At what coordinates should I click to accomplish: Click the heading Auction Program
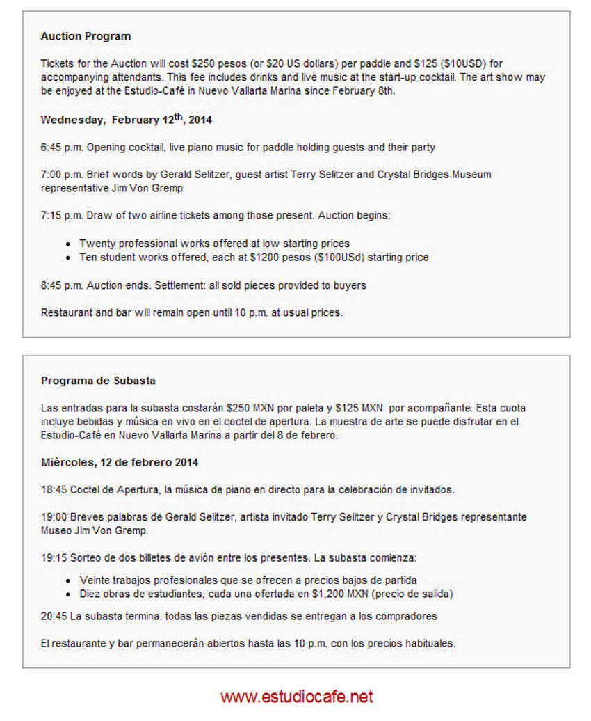click(x=86, y=36)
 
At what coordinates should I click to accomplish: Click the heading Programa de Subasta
click(x=98, y=381)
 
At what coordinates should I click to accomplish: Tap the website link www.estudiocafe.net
click(x=297, y=696)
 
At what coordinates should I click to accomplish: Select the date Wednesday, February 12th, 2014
click(x=126, y=120)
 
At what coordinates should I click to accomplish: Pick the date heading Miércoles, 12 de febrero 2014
click(x=120, y=462)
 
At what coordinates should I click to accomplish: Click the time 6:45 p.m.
click(x=62, y=147)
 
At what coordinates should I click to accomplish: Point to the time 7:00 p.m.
click(x=62, y=174)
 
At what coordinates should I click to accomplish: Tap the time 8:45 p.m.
click(x=62, y=285)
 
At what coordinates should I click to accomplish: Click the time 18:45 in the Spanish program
click(x=54, y=490)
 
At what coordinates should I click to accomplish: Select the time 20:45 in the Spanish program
click(x=54, y=616)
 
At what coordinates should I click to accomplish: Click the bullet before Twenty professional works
click(x=67, y=244)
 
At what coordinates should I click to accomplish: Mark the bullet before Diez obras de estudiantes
click(x=67, y=594)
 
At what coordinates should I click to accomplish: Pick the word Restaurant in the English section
click(x=66, y=312)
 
